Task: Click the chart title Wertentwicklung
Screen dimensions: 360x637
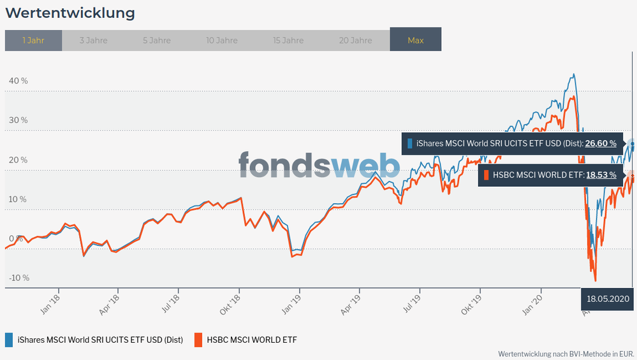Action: pyautogui.click(x=70, y=13)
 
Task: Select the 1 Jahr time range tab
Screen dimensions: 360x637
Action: pyautogui.click(x=33, y=40)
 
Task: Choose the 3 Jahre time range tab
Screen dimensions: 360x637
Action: pyautogui.click(x=93, y=40)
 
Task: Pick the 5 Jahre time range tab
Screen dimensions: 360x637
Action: pyautogui.click(x=156, y=40)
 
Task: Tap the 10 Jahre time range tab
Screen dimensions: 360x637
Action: pyautogui.click(x=222, y=40)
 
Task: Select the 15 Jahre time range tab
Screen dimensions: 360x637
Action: pyautogui.click(x=288, y=40)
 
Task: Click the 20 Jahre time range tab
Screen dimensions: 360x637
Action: pyautogui.click(x=355, y=40)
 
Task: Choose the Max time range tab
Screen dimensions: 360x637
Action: pyautogui.click(x=415, y=40)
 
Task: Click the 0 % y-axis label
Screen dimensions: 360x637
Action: pyautogui.click(x=20, y=238)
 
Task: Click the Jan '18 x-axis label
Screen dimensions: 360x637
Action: pyautogui.click(x=50, y=300)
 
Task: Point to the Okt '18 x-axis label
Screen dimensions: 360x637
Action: pyautogui.click(x=230, y=301)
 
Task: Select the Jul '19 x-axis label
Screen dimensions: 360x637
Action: pyautogui.click(x=411, y=300)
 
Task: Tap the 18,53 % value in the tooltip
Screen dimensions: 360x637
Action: pyautogui.click(x=601, y=175)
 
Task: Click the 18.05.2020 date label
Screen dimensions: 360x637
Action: pyautogui.click(x=608, y=298)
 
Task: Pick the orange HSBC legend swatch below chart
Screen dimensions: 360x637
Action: pyautogui.click(x=198, y=340)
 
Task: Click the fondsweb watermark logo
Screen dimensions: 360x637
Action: pyautogui.click(x=319, y=164)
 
